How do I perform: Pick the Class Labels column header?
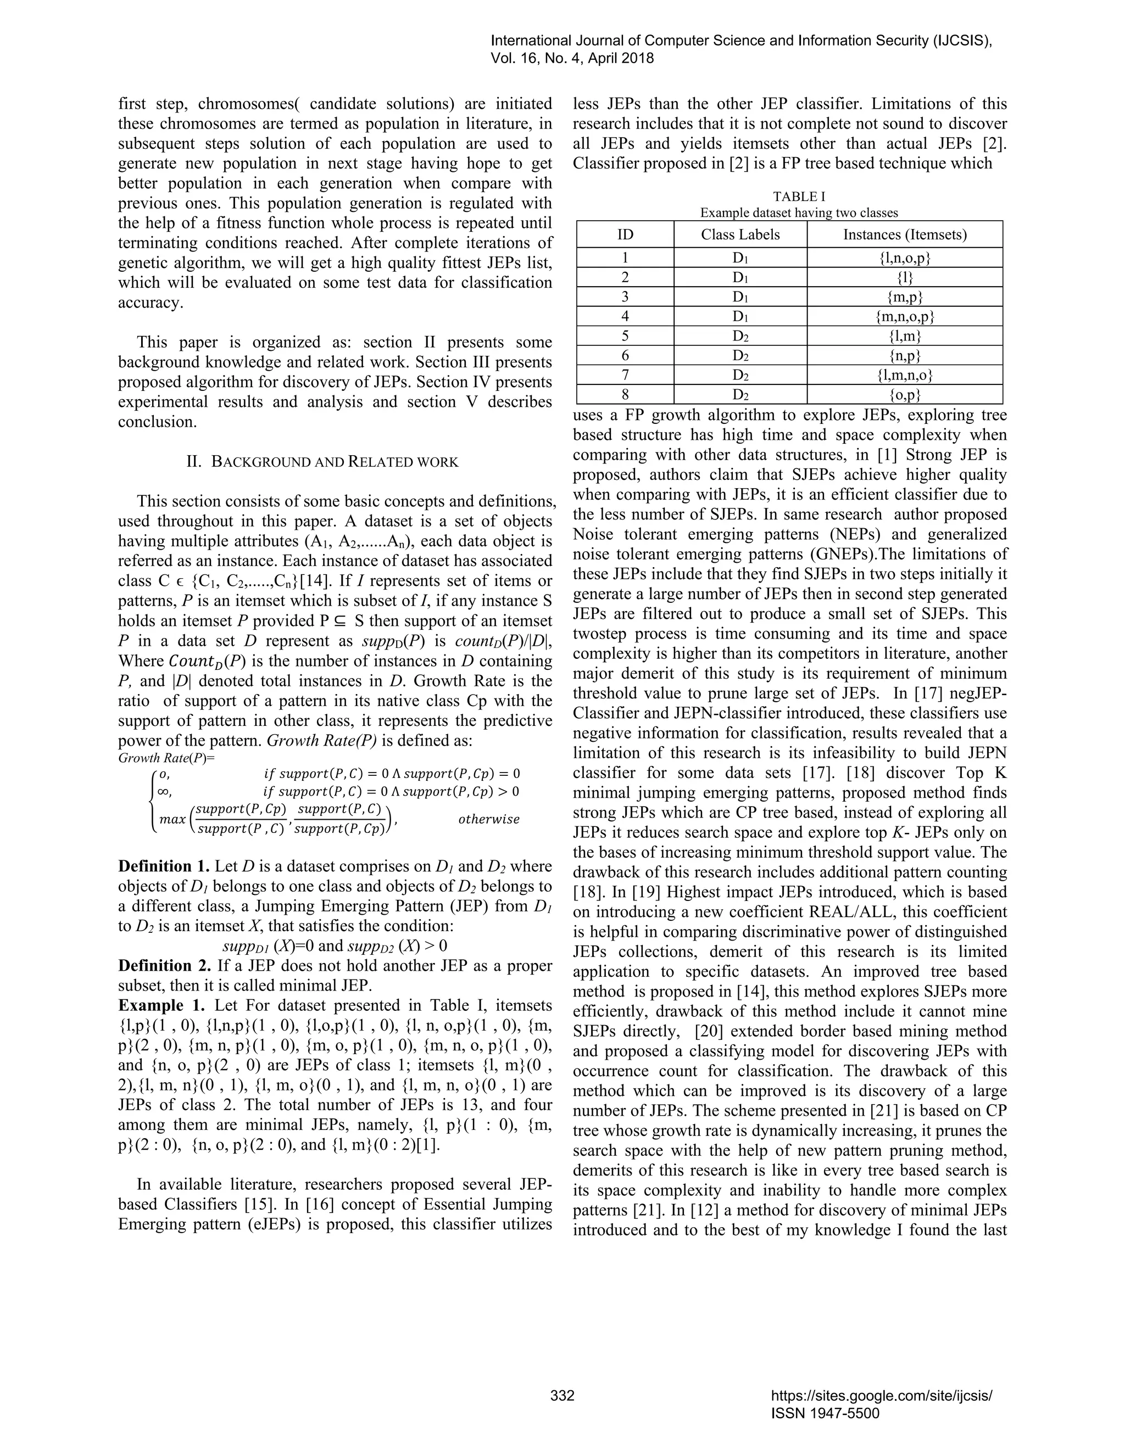740,234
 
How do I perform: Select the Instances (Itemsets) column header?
904,234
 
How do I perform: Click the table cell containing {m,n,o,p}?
904,316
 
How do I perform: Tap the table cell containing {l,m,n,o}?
904,375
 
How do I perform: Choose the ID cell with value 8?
625,395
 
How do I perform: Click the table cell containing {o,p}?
904,395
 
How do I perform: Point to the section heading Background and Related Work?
322,462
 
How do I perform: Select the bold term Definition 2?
164,966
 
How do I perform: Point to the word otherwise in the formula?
488,819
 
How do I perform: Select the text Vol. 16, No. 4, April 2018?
572,59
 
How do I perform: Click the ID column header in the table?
625,234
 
